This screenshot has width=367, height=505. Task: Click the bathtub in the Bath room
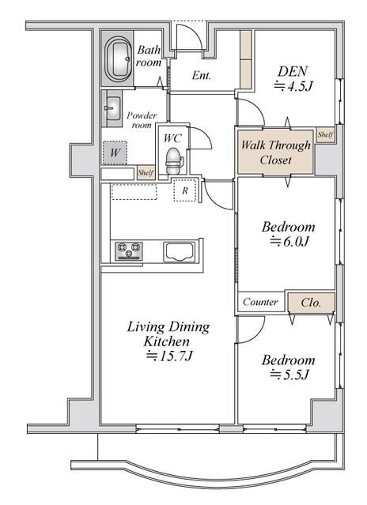pyautogui.click(x=119, y=59)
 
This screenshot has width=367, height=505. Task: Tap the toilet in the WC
pyautogui.click(x=175, y=160)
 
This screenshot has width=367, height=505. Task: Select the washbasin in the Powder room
pyautogui.click(x=113, y=108)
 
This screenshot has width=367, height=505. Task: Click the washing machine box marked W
pyautogui.click(x=115, y=153)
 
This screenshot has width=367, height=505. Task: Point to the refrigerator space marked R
pyautogui.click(x=185, y=190)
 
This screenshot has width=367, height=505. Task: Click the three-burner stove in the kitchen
pyautogui.click(x=129, y=251)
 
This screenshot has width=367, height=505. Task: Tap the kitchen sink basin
pyautogui.click(x=180, y=251)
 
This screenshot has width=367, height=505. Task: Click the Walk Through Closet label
pyautogui.click(x=276, y=153)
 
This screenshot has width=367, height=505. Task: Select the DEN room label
pyautogui.click(x=293, y=71)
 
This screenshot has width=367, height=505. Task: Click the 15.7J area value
pyautogui.click(x=169, y=356)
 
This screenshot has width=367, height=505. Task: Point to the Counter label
pyautogui.click(x=260, y=302)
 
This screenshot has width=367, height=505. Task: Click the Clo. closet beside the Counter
pyautogui.click(x=312, y=303)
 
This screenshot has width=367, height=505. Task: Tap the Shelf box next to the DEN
pyautogui.click(x=325, y=134)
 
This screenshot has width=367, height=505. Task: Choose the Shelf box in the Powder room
pyautogui.click(x=146, y=173)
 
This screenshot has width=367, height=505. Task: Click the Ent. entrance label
pyautogui.click(x=202, y=75)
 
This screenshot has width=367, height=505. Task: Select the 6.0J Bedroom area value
pyautogui.click(x=289, y=241)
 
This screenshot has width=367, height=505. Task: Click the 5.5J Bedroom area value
pyautogui.click(x=289, y=375)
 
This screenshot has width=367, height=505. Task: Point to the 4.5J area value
pyautogui.click(x=293, y=86)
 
